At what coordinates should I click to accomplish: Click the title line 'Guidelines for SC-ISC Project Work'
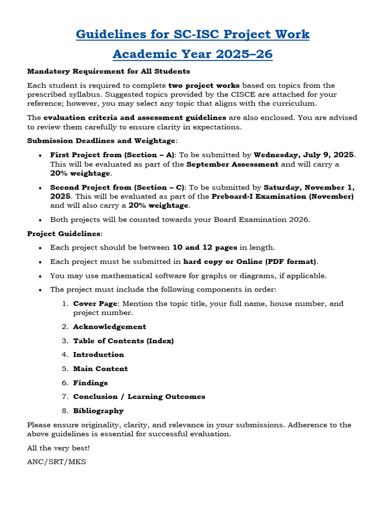click(192, 34)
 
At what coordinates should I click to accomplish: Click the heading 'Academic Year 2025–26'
click(192, 54)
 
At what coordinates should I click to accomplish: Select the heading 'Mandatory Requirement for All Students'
click(109, 71)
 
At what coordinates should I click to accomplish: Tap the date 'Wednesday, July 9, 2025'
click(304, 155)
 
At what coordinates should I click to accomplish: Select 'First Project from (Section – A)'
click(113, 155)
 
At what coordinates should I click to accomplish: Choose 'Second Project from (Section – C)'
click(118, 188)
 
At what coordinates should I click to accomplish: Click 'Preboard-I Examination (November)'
click(283, 196)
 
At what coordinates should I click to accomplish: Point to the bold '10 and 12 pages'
click(204, 247)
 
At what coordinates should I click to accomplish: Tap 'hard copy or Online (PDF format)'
click(250, 261)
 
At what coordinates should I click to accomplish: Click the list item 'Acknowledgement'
click(110, 326)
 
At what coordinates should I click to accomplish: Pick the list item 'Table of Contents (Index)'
click(124, 341)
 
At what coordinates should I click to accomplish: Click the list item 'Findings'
click(90, 383)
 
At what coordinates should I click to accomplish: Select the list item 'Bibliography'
click(98, 411)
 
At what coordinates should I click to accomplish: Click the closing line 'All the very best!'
click(59, 448)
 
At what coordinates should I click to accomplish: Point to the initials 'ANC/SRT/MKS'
click(57, 462)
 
